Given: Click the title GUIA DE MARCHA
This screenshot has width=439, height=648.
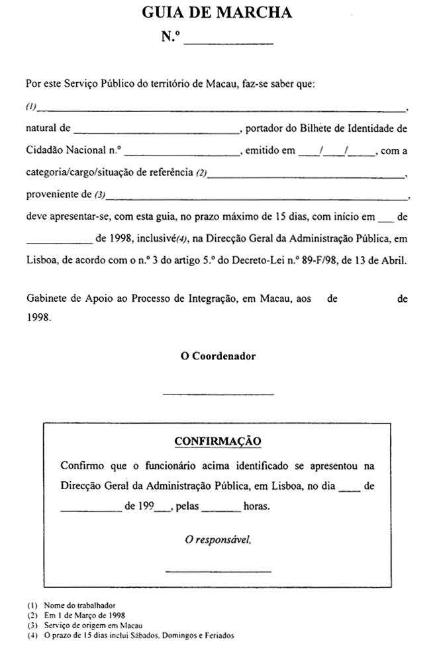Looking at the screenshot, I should [x=217, y=13].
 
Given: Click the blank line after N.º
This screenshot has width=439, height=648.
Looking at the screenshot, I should [x=228, y=42].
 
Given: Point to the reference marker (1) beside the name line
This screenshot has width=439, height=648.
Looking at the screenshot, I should [x=30, y=107].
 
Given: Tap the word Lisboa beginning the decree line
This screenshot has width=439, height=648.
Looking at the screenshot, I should [x=41, y=260].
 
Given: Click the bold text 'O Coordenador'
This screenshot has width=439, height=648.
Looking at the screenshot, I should [x=219, y=356].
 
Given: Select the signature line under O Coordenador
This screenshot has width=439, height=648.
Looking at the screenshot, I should [x=218, y=394].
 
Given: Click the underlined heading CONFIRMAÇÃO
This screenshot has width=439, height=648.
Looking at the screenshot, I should [x=218, y=441].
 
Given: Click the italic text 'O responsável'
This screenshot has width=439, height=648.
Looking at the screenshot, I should [x=219, y=540].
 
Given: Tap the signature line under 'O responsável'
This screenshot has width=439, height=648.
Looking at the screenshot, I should [x=218, y=571].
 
